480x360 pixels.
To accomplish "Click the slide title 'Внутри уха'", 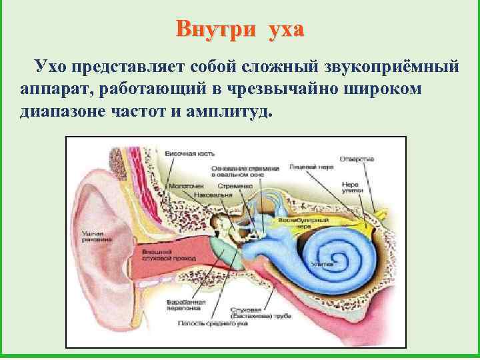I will click(240, 29).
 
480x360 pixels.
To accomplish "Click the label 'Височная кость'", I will click(189, 153).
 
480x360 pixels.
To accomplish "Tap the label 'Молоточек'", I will click(182, 185).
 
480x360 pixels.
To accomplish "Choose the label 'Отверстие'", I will click(357, 159).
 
